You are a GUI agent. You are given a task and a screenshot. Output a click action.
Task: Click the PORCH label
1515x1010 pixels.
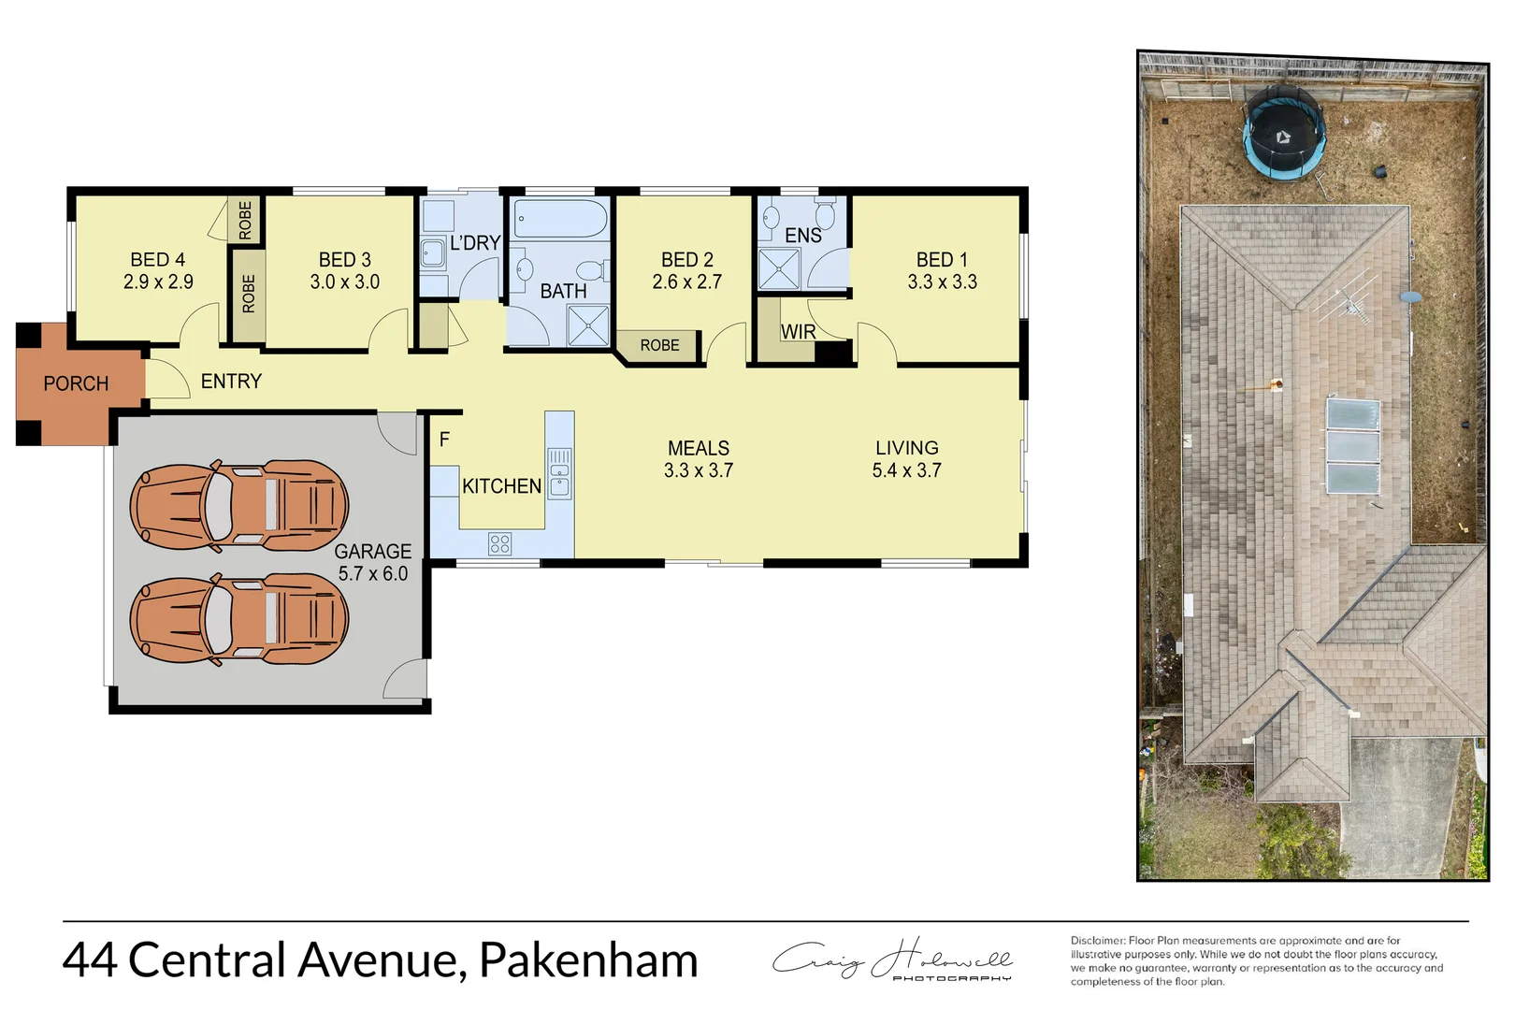pos(76,383)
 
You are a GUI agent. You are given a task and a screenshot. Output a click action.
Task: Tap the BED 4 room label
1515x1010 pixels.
pos(157,260)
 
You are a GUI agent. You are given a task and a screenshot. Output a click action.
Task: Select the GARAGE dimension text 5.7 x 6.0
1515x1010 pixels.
pos(372,573)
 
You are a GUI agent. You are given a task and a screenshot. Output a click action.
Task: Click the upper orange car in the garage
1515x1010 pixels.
pos(239,505)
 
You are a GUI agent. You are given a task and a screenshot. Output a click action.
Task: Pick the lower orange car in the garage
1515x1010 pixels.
pos(239,618)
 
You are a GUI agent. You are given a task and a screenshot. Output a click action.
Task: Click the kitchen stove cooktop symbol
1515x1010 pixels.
pos(500,543)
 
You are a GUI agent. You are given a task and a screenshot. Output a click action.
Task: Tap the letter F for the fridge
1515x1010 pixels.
pos(444,439)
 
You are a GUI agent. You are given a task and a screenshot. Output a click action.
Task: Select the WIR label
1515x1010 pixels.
pos(798,332)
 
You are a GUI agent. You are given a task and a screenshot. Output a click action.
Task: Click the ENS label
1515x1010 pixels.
pos(803,236)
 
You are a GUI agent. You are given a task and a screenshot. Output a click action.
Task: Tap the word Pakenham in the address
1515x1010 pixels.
pos(588,960)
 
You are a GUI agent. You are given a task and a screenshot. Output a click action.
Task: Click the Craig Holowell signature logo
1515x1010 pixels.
pos(892,959)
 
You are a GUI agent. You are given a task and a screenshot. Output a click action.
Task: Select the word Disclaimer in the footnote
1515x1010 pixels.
pos(1097,941)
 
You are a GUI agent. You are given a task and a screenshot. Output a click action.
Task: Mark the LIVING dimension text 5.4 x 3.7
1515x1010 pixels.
pos(906,470)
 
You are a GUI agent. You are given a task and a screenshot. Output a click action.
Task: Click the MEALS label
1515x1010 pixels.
pos(699,448)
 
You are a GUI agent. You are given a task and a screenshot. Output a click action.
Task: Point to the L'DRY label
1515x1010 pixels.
pos(475,243)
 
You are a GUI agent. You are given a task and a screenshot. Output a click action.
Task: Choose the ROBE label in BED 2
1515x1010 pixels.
pos(659,345)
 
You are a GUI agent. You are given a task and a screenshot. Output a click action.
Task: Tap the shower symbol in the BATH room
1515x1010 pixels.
pos(588,325)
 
